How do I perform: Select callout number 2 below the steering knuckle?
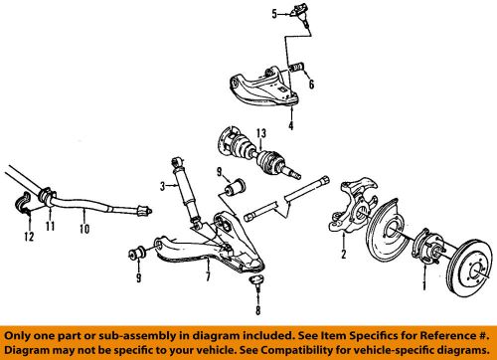(x=344, y=255)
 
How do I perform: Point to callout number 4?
(x=290, y=126)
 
